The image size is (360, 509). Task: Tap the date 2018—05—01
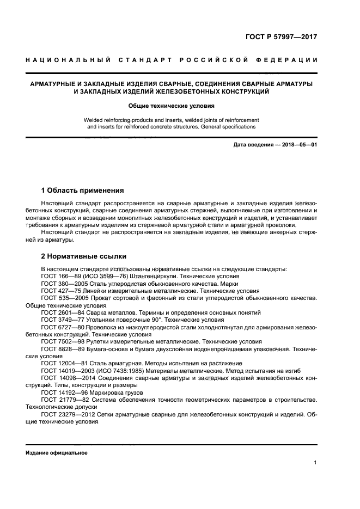pos(297,145)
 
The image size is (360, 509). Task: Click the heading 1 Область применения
pos(82,191)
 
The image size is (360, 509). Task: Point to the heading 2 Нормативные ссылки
pos(84,255)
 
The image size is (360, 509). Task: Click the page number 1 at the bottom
pos(315,463)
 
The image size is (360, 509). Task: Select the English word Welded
pos(94,120)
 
